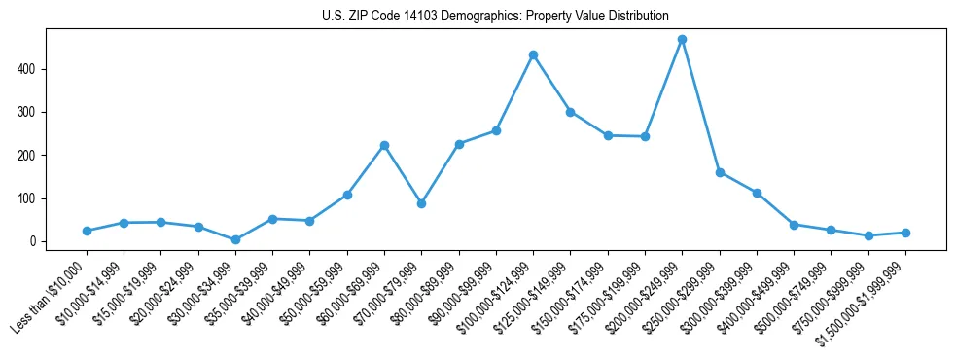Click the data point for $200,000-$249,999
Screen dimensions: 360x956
[682, 40]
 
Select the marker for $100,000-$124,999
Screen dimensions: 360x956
[533, 55]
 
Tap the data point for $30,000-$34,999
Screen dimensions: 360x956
[235, 239]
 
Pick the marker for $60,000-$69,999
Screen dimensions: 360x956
[384, 145]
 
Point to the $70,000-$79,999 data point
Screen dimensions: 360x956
[421, 203]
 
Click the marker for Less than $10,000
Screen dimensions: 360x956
[87, 231]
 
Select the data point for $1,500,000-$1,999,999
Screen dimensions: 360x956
[905, 233]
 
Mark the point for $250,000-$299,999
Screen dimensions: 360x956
[720, 172]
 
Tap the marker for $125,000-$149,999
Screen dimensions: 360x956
[570, 112]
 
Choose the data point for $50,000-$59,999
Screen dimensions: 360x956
[347, 195]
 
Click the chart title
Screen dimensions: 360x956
[495, 17]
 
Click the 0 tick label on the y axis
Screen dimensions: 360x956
[33, 241]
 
